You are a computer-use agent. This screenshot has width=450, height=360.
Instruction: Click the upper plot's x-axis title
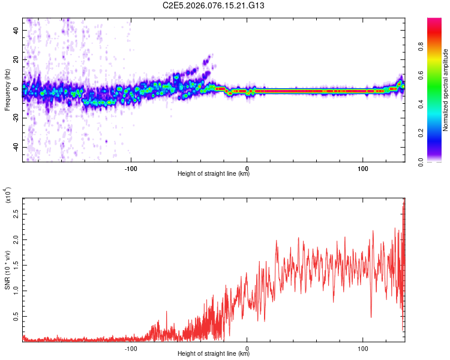coord(214,174)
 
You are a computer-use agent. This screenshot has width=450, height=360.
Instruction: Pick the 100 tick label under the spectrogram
coord(363,167)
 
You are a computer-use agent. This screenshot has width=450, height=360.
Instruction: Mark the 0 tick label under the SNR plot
coord(247,347)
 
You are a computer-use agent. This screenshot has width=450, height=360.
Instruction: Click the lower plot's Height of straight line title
coord(214,354)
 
